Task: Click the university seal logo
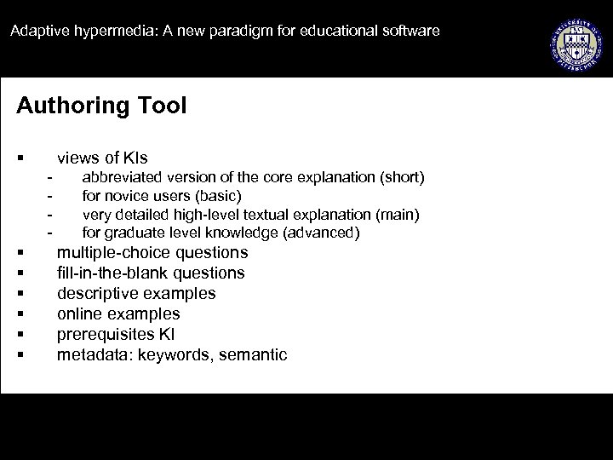pyautogui.click(x=576, y=40)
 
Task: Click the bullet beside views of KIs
pyautogui.click(x=19, y=158)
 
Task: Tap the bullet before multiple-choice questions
pyautogui.click(x=19, y=253)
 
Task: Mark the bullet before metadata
pyautogui.click(x=19, y=355)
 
